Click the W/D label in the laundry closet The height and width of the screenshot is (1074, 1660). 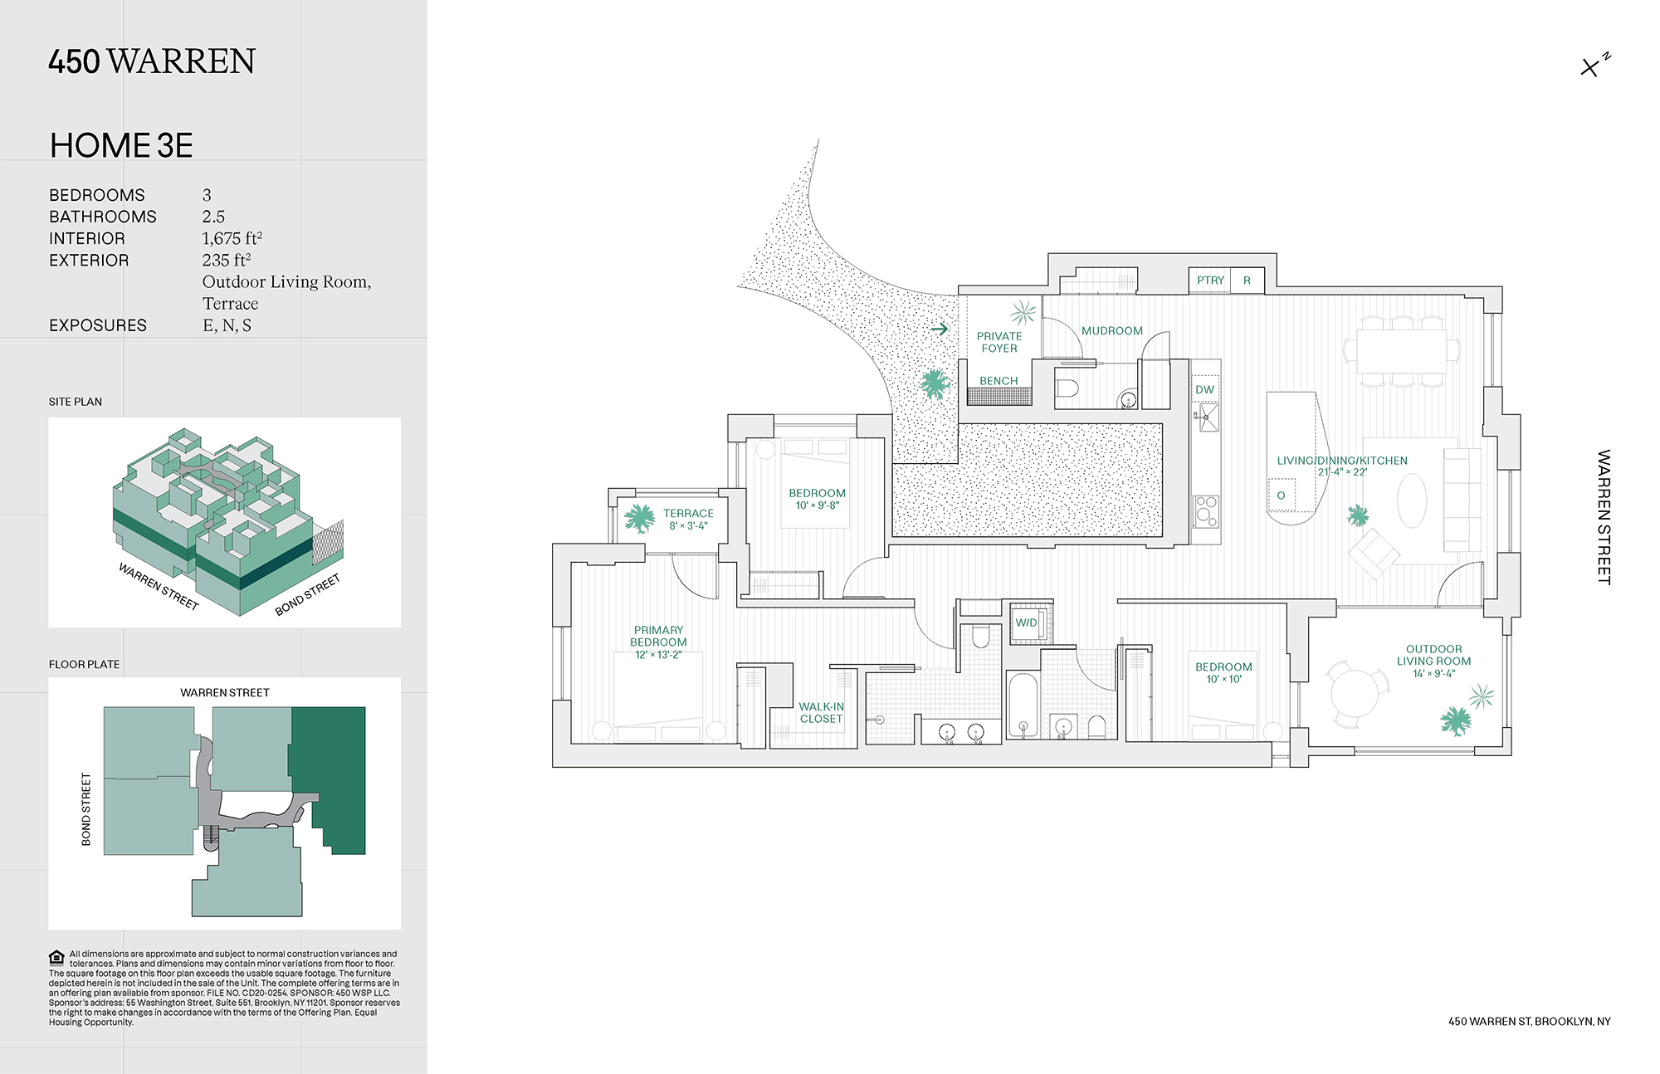[1026, 622]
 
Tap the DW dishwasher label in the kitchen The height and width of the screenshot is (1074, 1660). [1204, 389]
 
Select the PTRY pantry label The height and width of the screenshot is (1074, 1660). [1210, 281]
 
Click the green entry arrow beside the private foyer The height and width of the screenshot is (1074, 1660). [940, 329]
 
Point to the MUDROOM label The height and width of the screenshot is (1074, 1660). [1111, 330]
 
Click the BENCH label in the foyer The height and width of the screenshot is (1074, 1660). [998, 381]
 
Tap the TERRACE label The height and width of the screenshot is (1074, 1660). [688, 514]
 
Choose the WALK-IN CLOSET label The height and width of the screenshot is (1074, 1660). [821, 713]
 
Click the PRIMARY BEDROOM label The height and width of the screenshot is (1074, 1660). [658, 636]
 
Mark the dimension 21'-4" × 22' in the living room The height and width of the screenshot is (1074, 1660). [1342, 472]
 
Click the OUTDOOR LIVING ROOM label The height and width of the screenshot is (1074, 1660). [1433, 655]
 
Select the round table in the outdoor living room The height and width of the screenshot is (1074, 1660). [1355, 692]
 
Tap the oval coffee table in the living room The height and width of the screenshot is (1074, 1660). [1412, 500]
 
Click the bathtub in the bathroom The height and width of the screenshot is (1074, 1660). [1023, 705]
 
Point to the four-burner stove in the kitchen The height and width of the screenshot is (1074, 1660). [1206, 511]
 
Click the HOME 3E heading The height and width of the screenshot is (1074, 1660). [121, 146]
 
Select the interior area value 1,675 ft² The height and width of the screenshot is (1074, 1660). [232, 238]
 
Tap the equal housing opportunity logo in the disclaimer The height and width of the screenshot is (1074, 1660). [56, 957]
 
